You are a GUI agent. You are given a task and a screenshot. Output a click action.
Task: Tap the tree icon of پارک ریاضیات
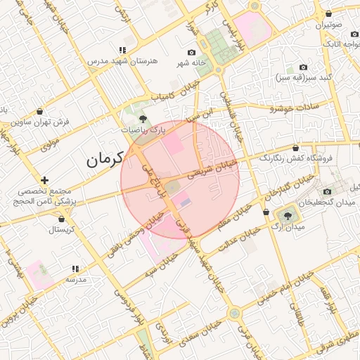coord(143,119)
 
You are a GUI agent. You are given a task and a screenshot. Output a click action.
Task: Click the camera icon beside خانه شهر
coord(191,52)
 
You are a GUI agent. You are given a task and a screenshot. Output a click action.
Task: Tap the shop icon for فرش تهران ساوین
coord(40,111)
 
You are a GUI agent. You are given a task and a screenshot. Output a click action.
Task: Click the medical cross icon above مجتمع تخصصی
coord(45,181)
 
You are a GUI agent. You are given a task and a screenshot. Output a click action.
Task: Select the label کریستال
coord(61,229)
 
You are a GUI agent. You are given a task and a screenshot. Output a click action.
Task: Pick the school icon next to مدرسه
coord(75,269)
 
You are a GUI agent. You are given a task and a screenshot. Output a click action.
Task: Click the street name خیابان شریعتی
coord(218,167)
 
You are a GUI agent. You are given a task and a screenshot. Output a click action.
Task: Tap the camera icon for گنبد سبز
coord(303,67)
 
